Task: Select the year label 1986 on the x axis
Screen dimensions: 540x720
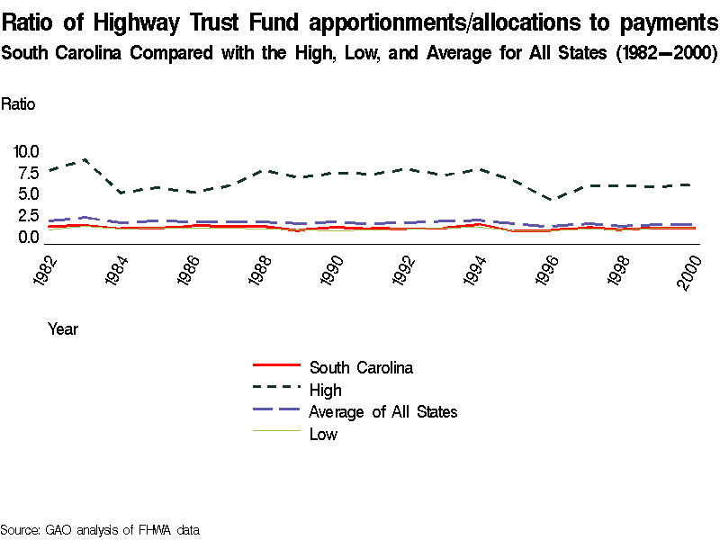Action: (x=188, y=269)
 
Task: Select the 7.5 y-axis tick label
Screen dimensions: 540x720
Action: (x=29, y=173)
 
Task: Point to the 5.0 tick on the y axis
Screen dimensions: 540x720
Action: (x=29, y=194)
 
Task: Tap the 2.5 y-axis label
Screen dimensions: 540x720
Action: (x=29, y=216)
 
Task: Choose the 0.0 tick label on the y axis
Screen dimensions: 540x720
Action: (x=29, y=238)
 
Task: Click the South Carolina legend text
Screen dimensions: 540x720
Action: (x=361, y=367)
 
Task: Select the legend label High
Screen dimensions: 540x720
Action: (x=326, y=390)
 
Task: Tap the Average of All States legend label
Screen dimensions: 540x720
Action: (x=383, y=412)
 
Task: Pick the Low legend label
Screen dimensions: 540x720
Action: (x=323, y=435)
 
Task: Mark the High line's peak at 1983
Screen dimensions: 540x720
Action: (x=85, y=159)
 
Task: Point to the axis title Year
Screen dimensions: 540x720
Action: (x=63, y=329)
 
